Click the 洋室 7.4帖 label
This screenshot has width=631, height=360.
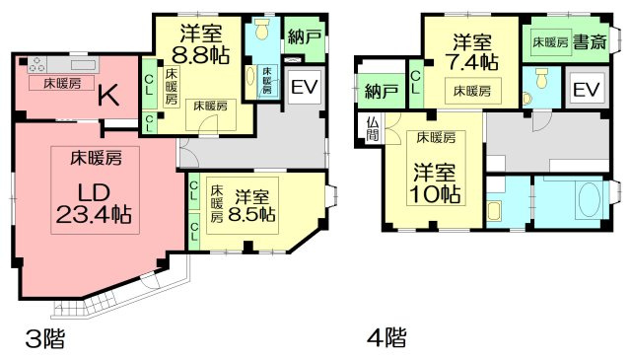(x=472, y=52)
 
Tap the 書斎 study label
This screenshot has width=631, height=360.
(x=589, y=42)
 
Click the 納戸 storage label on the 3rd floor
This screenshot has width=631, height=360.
(x=303, y=38)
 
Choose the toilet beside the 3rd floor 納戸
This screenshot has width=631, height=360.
(x=261, y=30)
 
